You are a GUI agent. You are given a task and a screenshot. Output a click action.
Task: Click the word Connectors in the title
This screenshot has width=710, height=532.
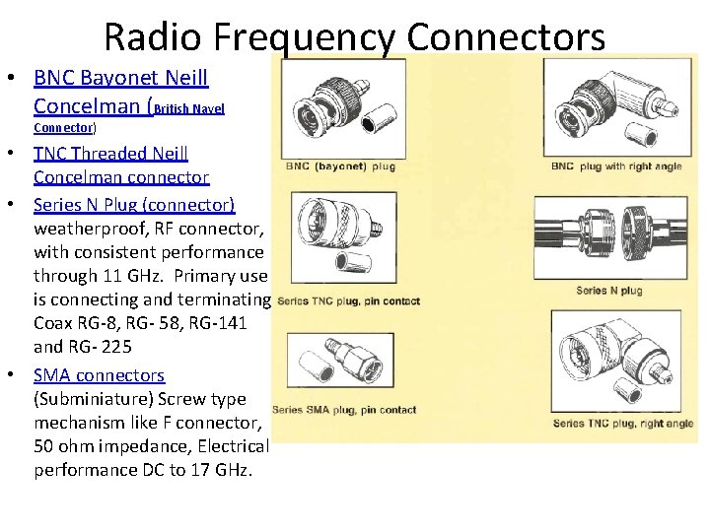[x=505, y=37]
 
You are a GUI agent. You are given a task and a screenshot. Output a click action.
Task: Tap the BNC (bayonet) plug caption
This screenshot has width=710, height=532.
[x=340, y=166]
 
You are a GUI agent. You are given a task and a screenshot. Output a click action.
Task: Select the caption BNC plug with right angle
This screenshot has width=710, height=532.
[x=616, y=166]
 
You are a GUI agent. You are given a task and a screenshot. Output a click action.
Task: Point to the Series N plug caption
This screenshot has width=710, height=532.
[x=609, y=291]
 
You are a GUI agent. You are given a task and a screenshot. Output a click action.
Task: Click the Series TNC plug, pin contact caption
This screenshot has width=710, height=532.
[x=349, y=301]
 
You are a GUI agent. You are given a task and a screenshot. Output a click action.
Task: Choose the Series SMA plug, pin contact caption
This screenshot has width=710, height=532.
[x=343, y=410]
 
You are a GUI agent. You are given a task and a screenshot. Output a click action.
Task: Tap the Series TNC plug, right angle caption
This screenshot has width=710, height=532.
[x=622, y=424]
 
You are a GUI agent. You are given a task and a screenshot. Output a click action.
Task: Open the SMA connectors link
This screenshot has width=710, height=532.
[x=99, y=375]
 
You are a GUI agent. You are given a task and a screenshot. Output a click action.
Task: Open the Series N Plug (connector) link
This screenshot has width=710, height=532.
[x=134, y=204]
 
